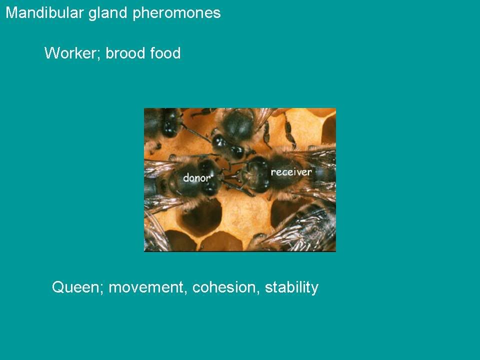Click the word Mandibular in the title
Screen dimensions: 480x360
coord(44,13)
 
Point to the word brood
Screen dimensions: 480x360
coord(125,53)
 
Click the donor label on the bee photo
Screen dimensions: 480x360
coord(197,177)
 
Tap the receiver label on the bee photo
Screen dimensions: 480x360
coord(291,171)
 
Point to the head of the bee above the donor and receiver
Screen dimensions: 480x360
coord(228,146)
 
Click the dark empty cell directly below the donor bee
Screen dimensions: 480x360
coord(201,216)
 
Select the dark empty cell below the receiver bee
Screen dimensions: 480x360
coord(286,213)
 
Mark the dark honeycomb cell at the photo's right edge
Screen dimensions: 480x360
coord(329,128)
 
